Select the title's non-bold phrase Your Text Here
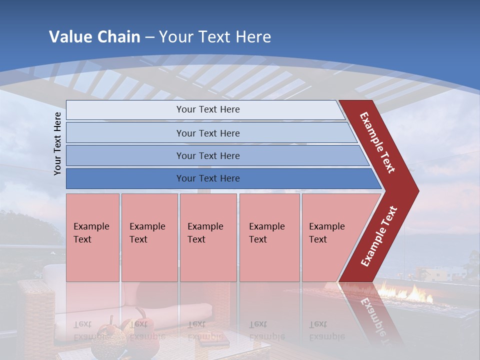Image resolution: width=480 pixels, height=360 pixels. click(x=215, y=37)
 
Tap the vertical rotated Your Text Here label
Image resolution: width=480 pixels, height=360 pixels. click(x=57, y=143)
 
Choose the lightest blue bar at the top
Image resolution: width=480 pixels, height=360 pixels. click(x=207, y=109)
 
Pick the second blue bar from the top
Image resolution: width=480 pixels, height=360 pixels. click(x=207, y=133)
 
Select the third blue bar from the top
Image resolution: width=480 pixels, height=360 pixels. click(x=207, y=155)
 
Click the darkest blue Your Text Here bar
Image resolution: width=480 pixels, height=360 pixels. click(x=207, y=178)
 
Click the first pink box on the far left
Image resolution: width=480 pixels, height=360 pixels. click(x=92, y=237)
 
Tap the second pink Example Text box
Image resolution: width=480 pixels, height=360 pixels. click(x=149, y=237)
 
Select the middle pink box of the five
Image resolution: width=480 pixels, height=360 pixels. click(x=208, y=237)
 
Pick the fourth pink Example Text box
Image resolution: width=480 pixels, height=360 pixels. click(x=269, y=237)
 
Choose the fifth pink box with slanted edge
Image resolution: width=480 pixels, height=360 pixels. click(x=330, y=237)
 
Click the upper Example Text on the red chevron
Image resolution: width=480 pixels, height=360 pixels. click(x=377, y=142)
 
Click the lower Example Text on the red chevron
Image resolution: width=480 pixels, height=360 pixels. click(x=378, y=236)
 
